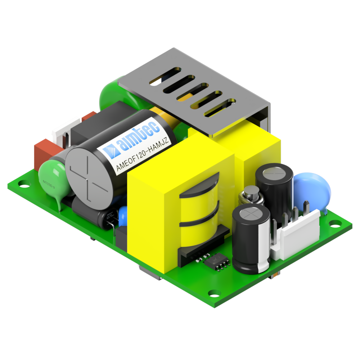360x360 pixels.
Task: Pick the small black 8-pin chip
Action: pyautogui.click(x=217, y=262)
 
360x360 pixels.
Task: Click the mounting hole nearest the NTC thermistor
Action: pyautogui.click(x=23, y=186)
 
